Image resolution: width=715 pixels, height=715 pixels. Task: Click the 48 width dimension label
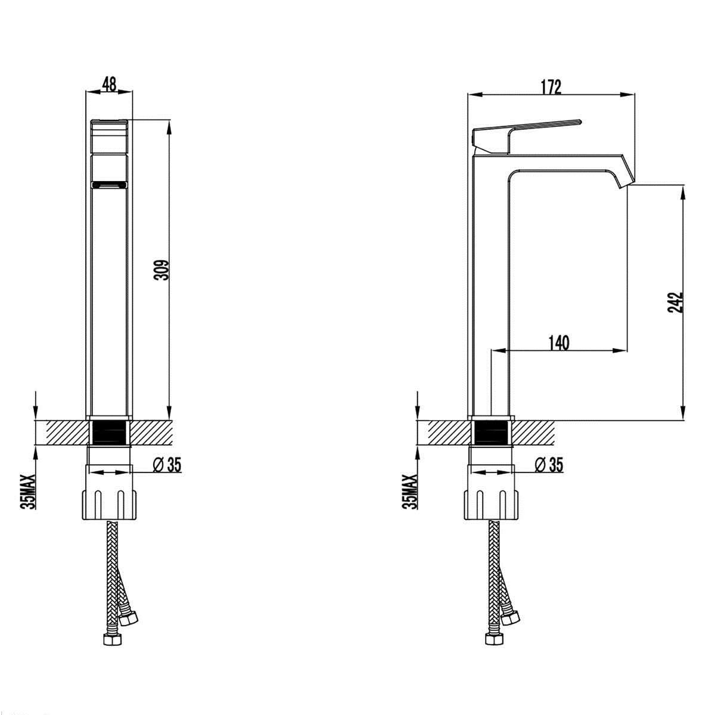[x=109, y=83]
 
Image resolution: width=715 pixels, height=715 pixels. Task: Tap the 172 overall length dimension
[x=551, y=87]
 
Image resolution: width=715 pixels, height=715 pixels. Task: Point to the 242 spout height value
[x=676, y=303]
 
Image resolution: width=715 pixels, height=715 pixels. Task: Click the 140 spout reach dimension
[x=558, y=343]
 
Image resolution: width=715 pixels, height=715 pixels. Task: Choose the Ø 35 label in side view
[x=549, y=465]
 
